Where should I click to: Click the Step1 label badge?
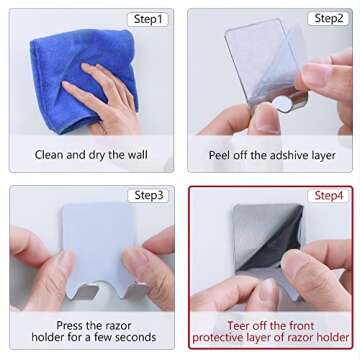pos(147,19)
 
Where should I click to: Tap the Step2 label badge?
pos(326,19)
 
